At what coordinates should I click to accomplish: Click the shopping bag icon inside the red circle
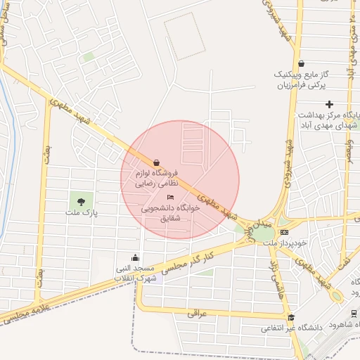click(155, 161)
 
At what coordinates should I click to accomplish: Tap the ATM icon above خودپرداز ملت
click(284, 231)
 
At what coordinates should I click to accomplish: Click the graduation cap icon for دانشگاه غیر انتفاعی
click(291, 318)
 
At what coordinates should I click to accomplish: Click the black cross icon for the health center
click(329, 105)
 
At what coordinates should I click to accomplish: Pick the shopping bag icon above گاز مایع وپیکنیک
click(301, 64)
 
